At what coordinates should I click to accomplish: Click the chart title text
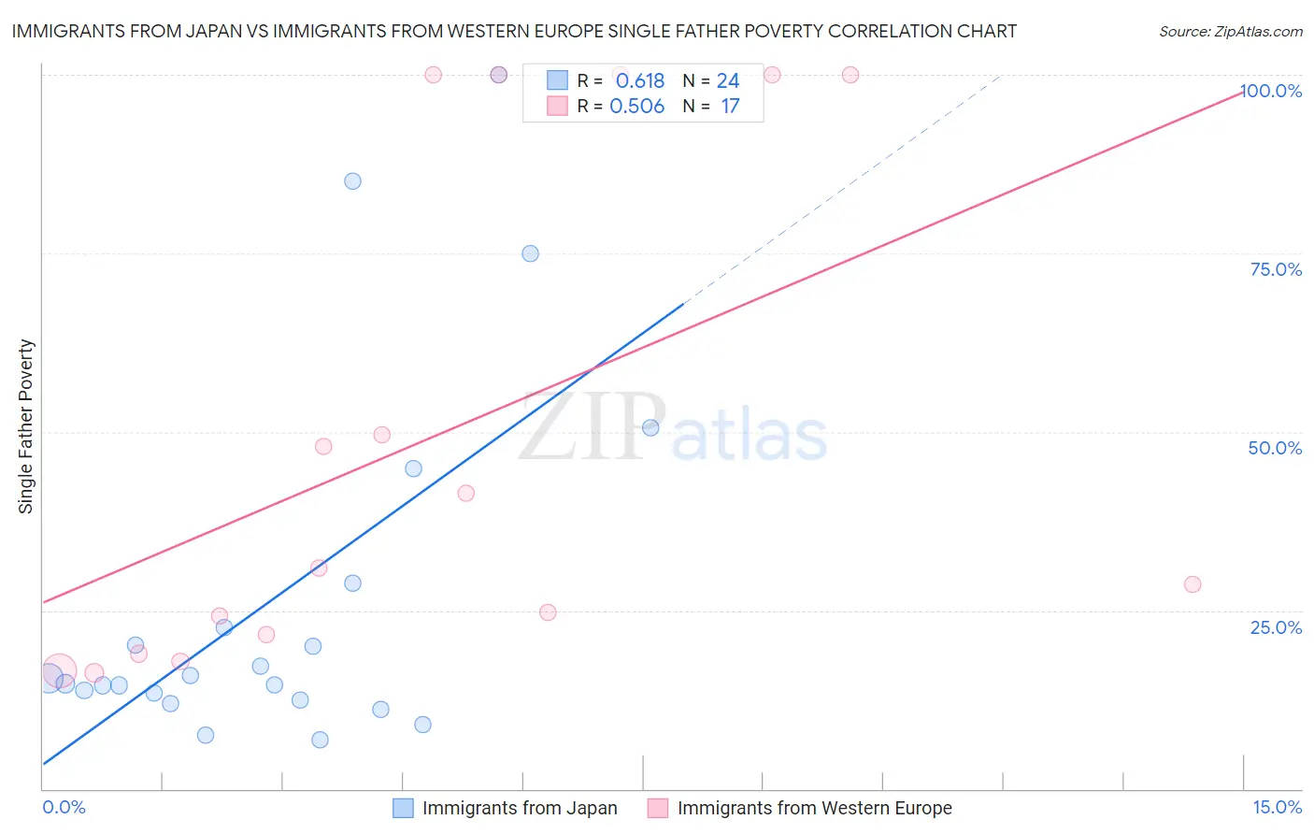514,31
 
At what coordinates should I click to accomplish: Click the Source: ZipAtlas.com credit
1230,31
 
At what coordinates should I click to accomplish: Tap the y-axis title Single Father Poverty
26,426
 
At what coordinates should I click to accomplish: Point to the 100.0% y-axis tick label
1272,91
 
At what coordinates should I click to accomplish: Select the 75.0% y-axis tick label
1276,269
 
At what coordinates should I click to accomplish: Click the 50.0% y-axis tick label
1275,448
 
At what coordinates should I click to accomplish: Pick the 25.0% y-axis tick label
1276,627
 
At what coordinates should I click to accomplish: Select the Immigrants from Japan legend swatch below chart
403,808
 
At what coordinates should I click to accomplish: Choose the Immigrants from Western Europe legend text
814,808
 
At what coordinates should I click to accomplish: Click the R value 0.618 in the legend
640,81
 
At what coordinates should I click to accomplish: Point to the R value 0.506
636,107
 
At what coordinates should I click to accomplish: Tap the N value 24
728,81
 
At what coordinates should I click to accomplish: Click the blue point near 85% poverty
352,181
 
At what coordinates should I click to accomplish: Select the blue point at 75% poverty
530,253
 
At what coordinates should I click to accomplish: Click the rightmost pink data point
1193,584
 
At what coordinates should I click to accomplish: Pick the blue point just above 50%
650,427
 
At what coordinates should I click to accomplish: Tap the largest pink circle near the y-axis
59,670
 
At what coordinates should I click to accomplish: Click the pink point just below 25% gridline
548,612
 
